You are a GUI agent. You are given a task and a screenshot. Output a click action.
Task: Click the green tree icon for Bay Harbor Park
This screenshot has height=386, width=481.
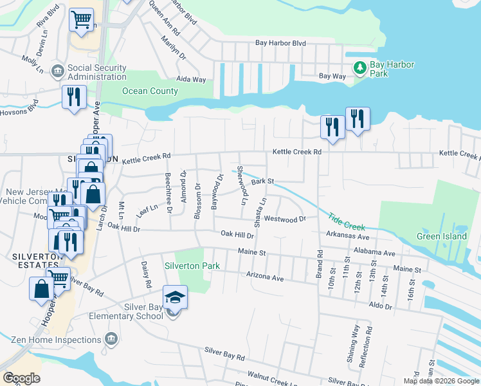click(x=360, y=67)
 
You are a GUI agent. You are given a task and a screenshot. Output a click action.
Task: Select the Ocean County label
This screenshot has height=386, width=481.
click(x=150, y=91)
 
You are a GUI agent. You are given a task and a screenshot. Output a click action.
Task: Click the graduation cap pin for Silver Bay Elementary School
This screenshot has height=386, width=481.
click(x=175, y=297)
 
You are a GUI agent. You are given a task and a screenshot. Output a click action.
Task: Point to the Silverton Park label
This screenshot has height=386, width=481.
click(x=192, y=266)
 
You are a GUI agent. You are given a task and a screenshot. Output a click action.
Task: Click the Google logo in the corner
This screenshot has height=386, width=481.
click(x=22, y=378)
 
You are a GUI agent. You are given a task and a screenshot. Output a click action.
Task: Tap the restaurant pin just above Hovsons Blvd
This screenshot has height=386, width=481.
click(x=74, y=97)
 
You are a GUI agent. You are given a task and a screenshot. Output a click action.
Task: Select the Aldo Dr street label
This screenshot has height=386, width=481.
click(x=380, y=307)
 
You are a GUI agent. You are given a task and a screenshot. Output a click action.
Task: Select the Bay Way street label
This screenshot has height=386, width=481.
click(x=332, y=76)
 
